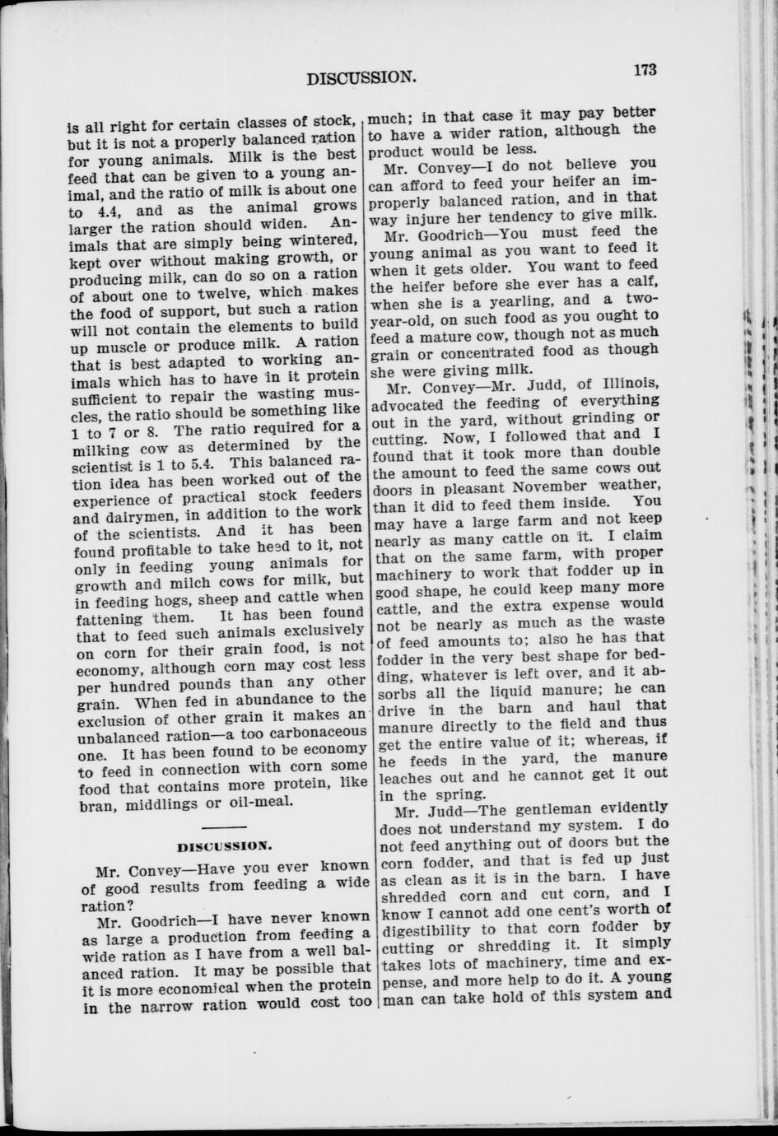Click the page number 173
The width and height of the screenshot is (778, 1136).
coord(645,70)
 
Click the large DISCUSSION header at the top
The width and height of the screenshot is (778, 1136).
coord(359,78)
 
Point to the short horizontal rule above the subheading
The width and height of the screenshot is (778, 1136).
coord(224,825)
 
